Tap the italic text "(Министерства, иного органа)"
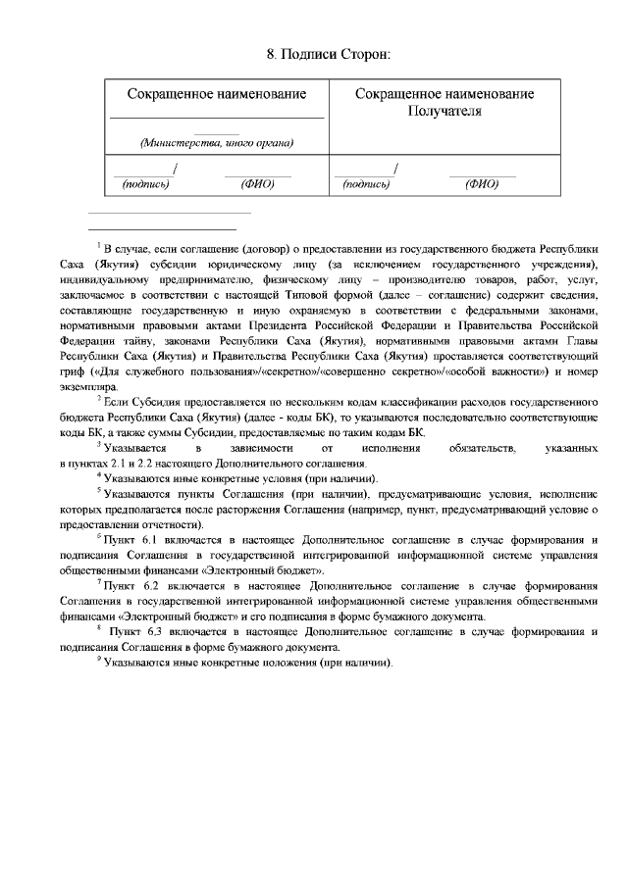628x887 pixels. [x=217, y=143]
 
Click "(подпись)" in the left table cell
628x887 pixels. [x=145, y=183]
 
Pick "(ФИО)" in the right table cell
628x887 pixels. [x=482, y=183]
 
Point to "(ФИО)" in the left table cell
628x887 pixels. [x=257, y=183]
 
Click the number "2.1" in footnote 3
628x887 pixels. [x=114, y=462]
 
